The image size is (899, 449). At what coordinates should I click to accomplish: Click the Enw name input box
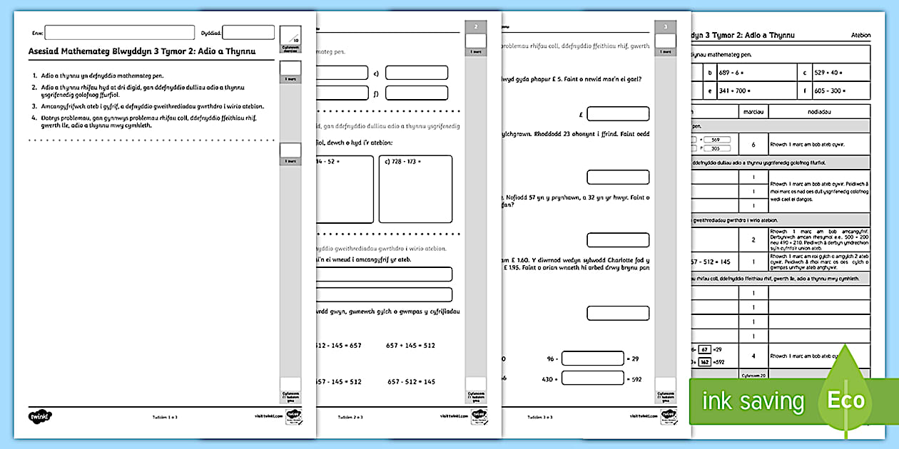pyautogui.click(x=119, y=33)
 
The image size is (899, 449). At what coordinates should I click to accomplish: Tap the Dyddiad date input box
pyautogui.click(x=248, y=33)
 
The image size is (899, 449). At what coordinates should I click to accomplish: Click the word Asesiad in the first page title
pyautogui.click(x=44, y=51)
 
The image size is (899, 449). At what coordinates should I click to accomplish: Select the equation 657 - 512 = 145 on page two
pyautogui.click(x=411, y=382)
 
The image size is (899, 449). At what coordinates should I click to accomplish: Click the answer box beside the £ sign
pyautogui.click(x=618, y=114)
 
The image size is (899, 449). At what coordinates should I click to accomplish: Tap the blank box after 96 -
pyautogui.click(x=592, y=358)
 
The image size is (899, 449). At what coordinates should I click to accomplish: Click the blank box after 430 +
pyautogui.click(x=592, y=379)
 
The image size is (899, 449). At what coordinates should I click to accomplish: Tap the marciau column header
pyautogui.click(x=753, y=111)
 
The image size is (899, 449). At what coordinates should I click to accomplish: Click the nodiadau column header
pyautogui.click(x=818, y=111)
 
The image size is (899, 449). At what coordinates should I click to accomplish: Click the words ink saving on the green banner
pyautogui.click(x=753, y=401)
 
